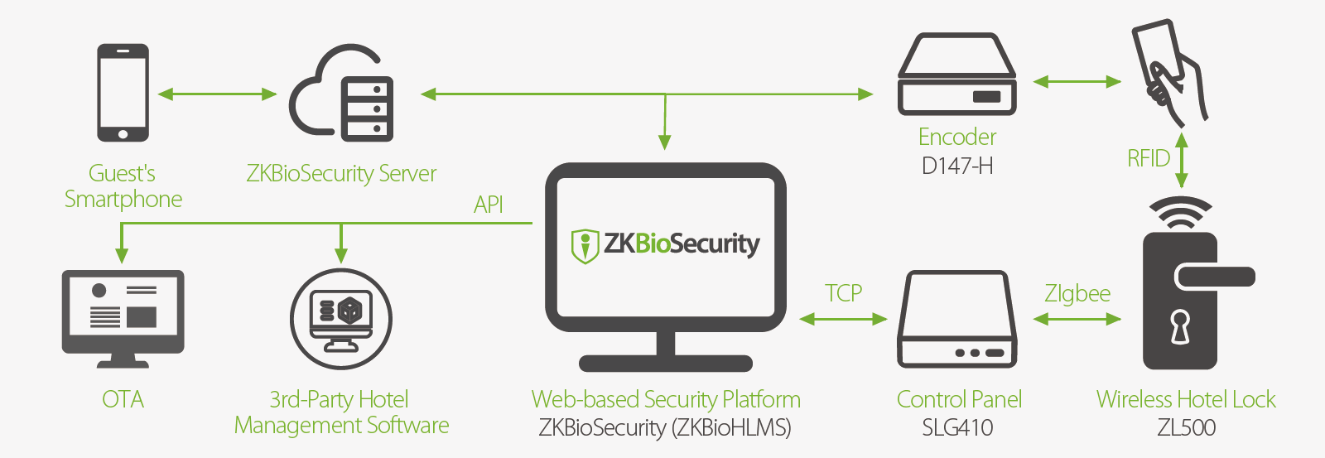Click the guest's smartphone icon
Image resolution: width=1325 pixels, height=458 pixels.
tap(123, 93)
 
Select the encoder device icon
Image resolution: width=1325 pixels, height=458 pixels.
tap(956, 75)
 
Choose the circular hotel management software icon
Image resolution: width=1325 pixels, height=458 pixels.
tap(340, 319)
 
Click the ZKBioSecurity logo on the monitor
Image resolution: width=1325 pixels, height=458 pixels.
tap(666, 244)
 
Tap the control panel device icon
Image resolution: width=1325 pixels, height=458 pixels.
tap(957, 319)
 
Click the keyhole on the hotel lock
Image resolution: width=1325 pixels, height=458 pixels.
tap(1179, 326)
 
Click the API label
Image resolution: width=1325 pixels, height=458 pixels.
tap(489, 205)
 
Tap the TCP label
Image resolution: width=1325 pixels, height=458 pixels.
tap(843, 293)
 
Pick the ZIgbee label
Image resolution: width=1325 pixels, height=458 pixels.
tap(1077, 293)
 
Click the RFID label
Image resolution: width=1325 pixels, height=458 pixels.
tap(1149, 158)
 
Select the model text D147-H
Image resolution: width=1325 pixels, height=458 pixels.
tap(956, 166)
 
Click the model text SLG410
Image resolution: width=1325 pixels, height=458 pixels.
tap(957, 427)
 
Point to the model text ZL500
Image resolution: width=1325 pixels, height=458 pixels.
tap(1186, 427)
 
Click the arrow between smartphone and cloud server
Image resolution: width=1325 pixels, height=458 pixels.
tap(217, 94)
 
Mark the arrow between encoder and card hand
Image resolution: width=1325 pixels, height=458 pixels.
tap(1077, 81)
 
